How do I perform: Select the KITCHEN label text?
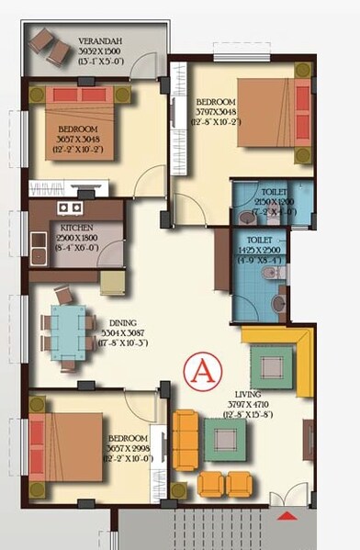click(76, 227)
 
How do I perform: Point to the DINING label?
click(122, 322)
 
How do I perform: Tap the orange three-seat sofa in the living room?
click(186, 439)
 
